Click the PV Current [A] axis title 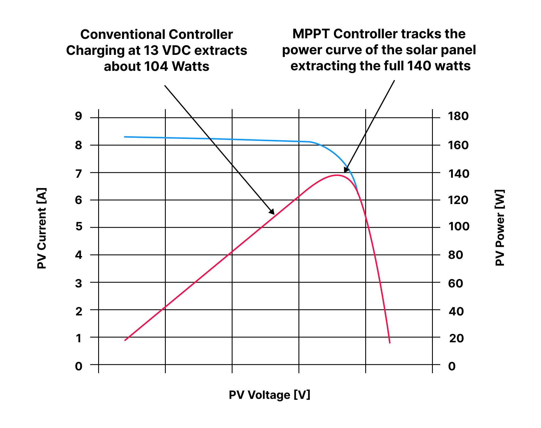tap(42, 228)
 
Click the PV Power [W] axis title tap(500, 227)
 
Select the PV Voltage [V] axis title tap(269, 395)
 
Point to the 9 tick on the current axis tap(78, 116)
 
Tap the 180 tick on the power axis tap(458, 116)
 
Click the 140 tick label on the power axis tap(458, 173)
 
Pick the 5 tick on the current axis tap(79, 227)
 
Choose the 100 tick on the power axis tap(459, 227)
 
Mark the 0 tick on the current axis tap(79, 366)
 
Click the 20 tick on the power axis tap(457, 338)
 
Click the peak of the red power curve tap(337, 175)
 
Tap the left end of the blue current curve tap(125, 137)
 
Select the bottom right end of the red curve tap(389, 342)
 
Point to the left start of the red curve tap(125, 340)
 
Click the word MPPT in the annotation tap(311, 34)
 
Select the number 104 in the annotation tap(156, 66)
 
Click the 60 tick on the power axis tap(456, 283)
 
